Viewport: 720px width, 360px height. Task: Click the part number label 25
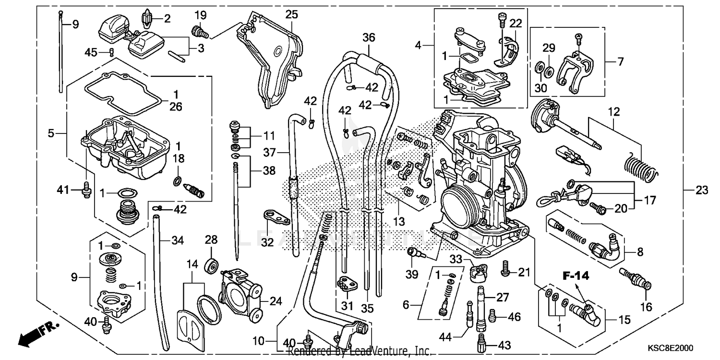coord(291,14)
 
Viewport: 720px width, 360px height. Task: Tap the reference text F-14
coord(576,276)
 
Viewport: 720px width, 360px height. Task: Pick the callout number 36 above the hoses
coord(369,37)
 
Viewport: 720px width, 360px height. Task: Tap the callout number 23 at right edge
coord(702,191)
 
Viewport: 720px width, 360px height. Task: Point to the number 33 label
coord(456,260)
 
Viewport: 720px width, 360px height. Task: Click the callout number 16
coord(647,306)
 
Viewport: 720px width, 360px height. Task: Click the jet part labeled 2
coord(147,19)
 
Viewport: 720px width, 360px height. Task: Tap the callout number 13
coord(399,221)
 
